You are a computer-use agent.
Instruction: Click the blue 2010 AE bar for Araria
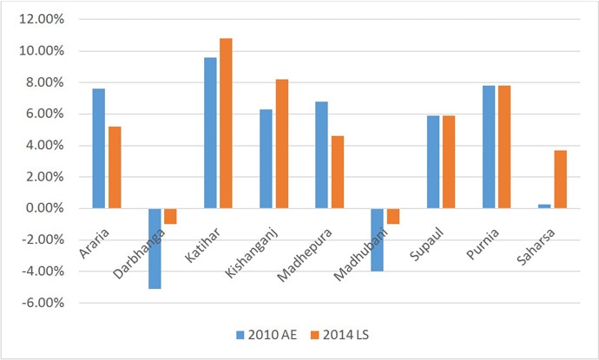pyautogui.click(x=98, y=148)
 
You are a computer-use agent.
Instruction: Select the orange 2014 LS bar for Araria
pyautogui.click(x=115, y=167)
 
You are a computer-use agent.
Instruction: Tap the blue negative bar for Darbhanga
pyautogui.click(x=155, y=248)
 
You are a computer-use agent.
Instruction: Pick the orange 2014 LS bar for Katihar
pyautogui.click(x=226, y=123)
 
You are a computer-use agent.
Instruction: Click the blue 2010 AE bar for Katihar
pyautogui.click(x=210, y=133)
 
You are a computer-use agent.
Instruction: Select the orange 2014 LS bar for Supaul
pyautogui.click(x=449, y=162)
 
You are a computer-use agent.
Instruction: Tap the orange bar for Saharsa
pyautogui.click(x=560, y=180)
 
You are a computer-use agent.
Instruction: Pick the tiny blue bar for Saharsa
pyautogui.click(x=544, y=206)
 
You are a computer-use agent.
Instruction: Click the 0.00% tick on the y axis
pyautogui.click(x=43, y=209)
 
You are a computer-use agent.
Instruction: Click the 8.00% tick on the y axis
pyautogui.click(x=43, y=82)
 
